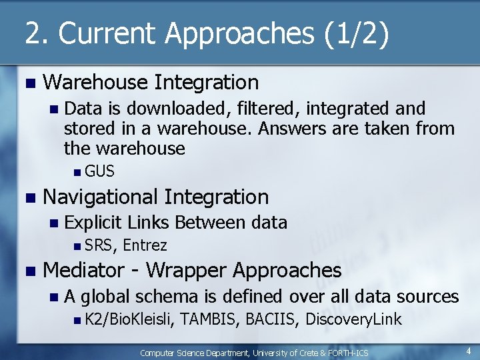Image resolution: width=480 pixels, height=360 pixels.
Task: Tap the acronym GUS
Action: [x=100, y=171]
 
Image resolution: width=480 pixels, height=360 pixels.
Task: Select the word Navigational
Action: [x=100, y=197]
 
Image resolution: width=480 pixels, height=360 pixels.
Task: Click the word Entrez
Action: [x=145, y=245]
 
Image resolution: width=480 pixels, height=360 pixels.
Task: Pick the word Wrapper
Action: [x=189, y=271]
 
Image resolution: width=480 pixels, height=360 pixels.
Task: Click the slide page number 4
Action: [x=469, y=351]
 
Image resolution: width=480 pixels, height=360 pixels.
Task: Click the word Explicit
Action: [x=93, y=222]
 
